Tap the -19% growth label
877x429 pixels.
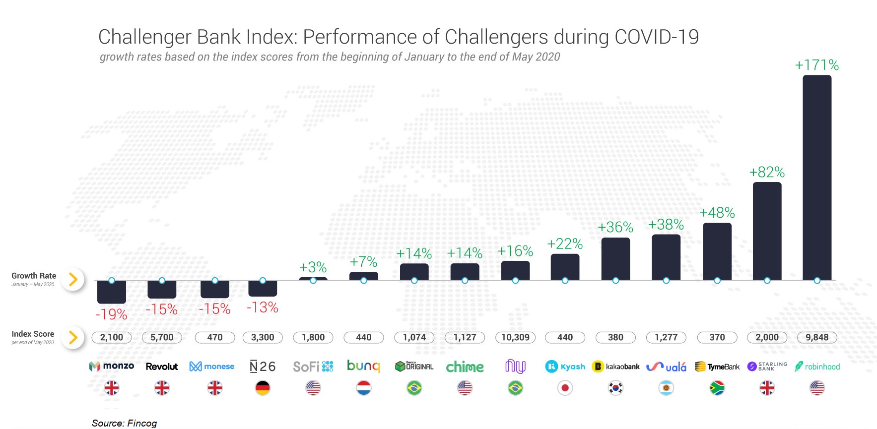point(111,314)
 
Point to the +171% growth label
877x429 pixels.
point(816,65)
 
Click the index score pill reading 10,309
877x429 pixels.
point(515,337)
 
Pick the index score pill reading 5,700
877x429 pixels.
point(162,337)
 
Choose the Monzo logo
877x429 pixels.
point(112,366)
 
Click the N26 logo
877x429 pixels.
point(263,367)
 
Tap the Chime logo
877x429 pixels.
point(465,367)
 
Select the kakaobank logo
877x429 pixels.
point(615,367)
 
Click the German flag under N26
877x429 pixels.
point(263,388)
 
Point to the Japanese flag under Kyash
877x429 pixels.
point(565,388)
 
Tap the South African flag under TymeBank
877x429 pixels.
point(717,388)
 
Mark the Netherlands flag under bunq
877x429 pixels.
point(363,388)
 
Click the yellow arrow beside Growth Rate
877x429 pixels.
point(73,280)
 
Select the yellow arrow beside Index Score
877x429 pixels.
point(73,338)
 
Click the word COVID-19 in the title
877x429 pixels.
point(656,37)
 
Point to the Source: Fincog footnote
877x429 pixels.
point(124,423)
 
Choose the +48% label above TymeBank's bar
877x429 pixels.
point(717,213)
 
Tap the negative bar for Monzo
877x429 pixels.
point(111,292)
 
